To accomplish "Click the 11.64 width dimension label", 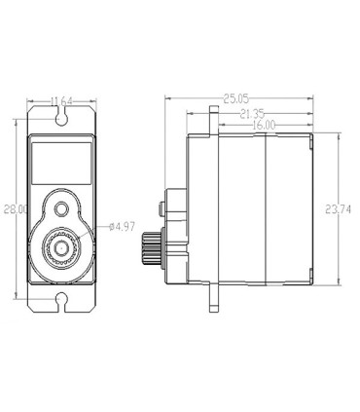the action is [x=61, y=101].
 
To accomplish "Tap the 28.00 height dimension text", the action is [x=16, y=209].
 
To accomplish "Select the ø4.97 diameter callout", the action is [x=122, y=227].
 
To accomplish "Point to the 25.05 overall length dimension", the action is [x=235, y=98].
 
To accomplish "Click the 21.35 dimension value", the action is [x=252, y=114].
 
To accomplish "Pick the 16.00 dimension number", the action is [x=264, y=125].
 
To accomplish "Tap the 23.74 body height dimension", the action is [x=338, y=209].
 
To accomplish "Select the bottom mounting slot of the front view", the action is [x=61, y=301].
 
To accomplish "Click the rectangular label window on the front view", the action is [x=61, y=164].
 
